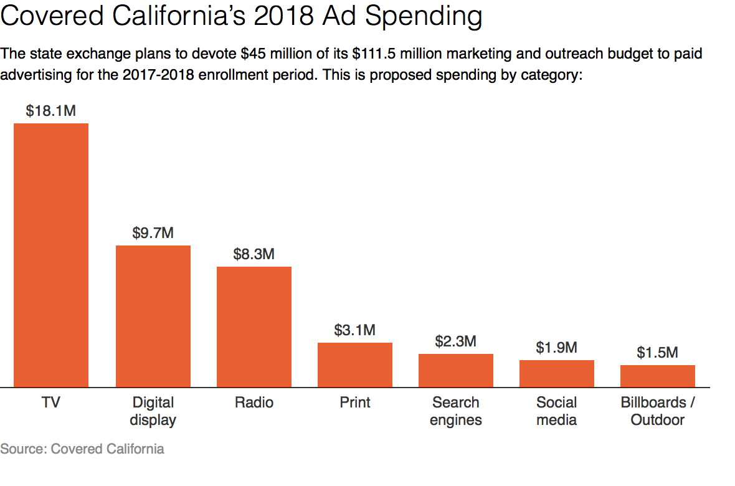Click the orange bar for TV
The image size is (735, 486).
[51, 255]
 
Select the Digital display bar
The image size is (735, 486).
[153, 317]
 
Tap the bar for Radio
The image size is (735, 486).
[254, 327]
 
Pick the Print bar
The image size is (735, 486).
[355, 365]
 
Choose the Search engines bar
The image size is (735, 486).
[456, 371]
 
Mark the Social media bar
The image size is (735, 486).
[557, 374]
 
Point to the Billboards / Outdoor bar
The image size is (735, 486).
[658, 376]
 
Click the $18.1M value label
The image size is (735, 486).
[51, 111]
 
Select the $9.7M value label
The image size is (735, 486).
[153, 233]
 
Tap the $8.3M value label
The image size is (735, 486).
[254, 254]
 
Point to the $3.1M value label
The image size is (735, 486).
[355, 330]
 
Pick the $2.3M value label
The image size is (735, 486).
[456, 341]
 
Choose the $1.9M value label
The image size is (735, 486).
[557, 348]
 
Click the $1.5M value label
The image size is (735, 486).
[658, 353]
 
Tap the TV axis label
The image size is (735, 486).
[51, 403]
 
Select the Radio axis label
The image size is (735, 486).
[254, 403]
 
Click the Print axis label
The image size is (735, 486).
[355, 403]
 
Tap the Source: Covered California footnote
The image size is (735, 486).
[82, 449]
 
